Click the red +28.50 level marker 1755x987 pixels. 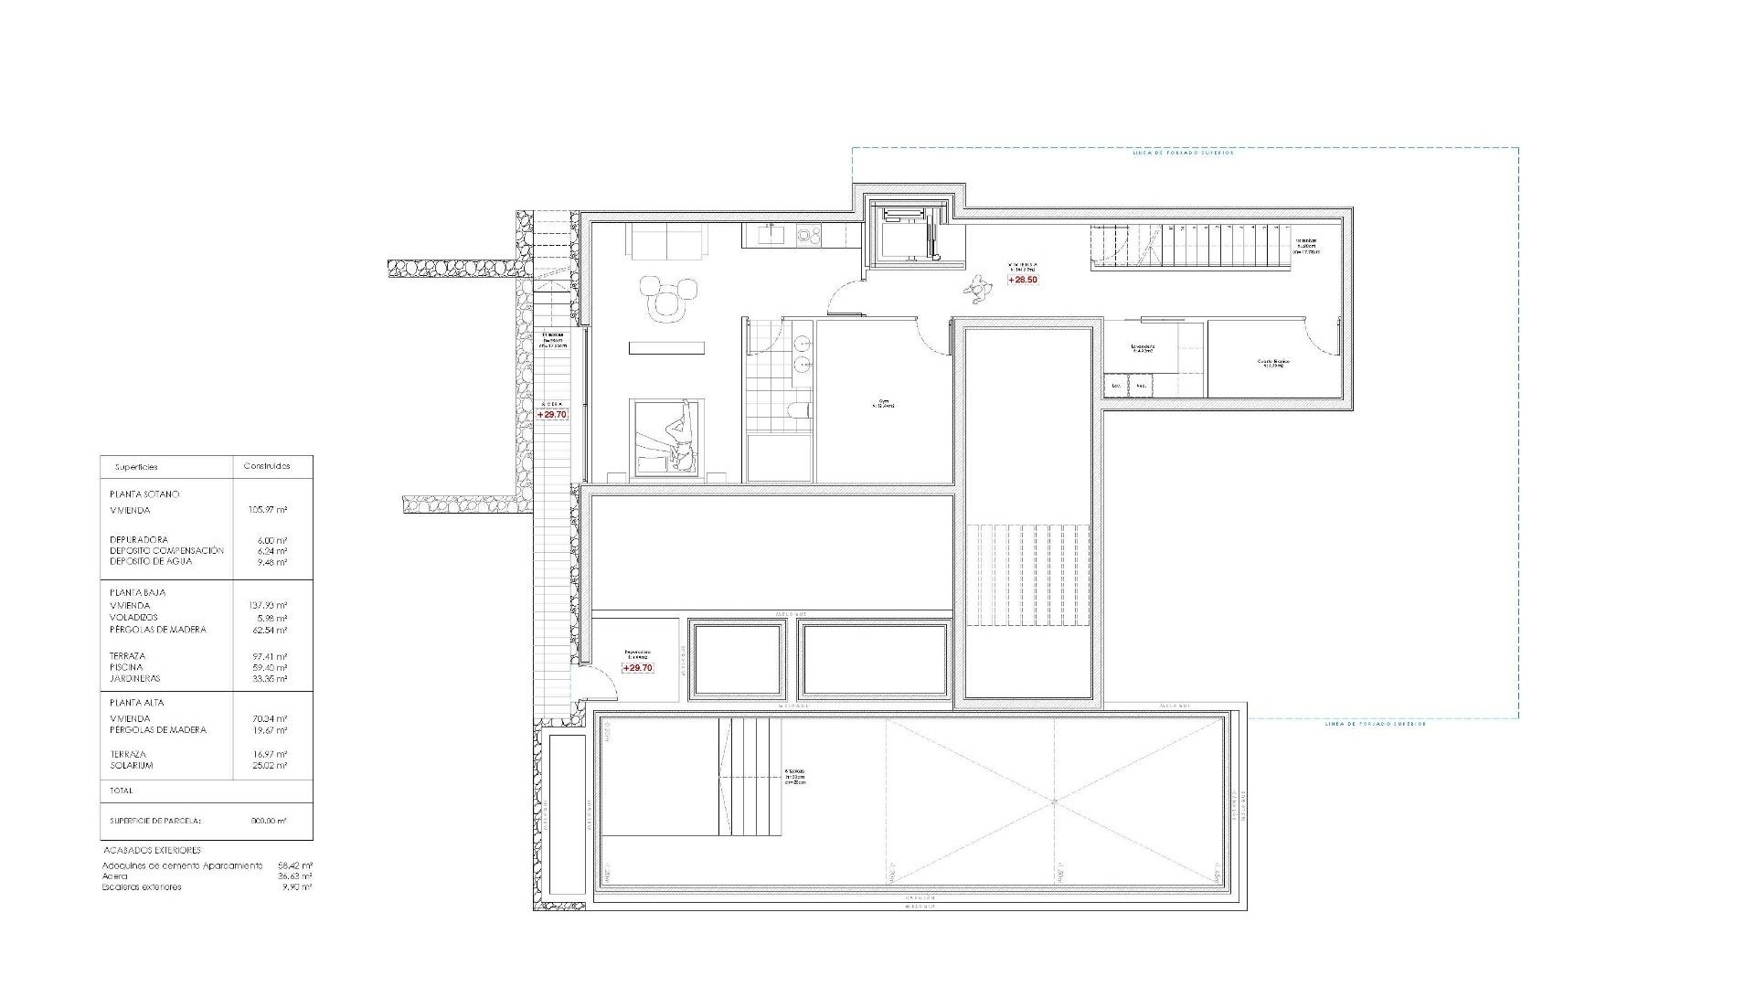[1023, 280]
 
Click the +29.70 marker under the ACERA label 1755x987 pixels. [552, 414]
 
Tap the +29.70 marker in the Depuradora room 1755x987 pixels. [637, 668]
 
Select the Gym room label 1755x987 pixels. [883, 402]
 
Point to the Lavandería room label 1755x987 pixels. [1143, 348]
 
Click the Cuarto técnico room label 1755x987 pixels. [1272, 363]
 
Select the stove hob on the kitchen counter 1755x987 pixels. [808, 236]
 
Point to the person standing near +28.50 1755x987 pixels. [980, 291]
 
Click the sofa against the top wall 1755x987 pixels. [666, 242]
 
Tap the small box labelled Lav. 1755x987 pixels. [1116, 387]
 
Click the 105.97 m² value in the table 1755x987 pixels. [269, 511]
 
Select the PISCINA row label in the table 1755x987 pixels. [126, 667]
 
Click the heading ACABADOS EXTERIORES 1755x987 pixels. [151, 851]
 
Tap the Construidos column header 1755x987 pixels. [267, 466]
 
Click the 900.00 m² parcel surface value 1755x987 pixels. [269, 821]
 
